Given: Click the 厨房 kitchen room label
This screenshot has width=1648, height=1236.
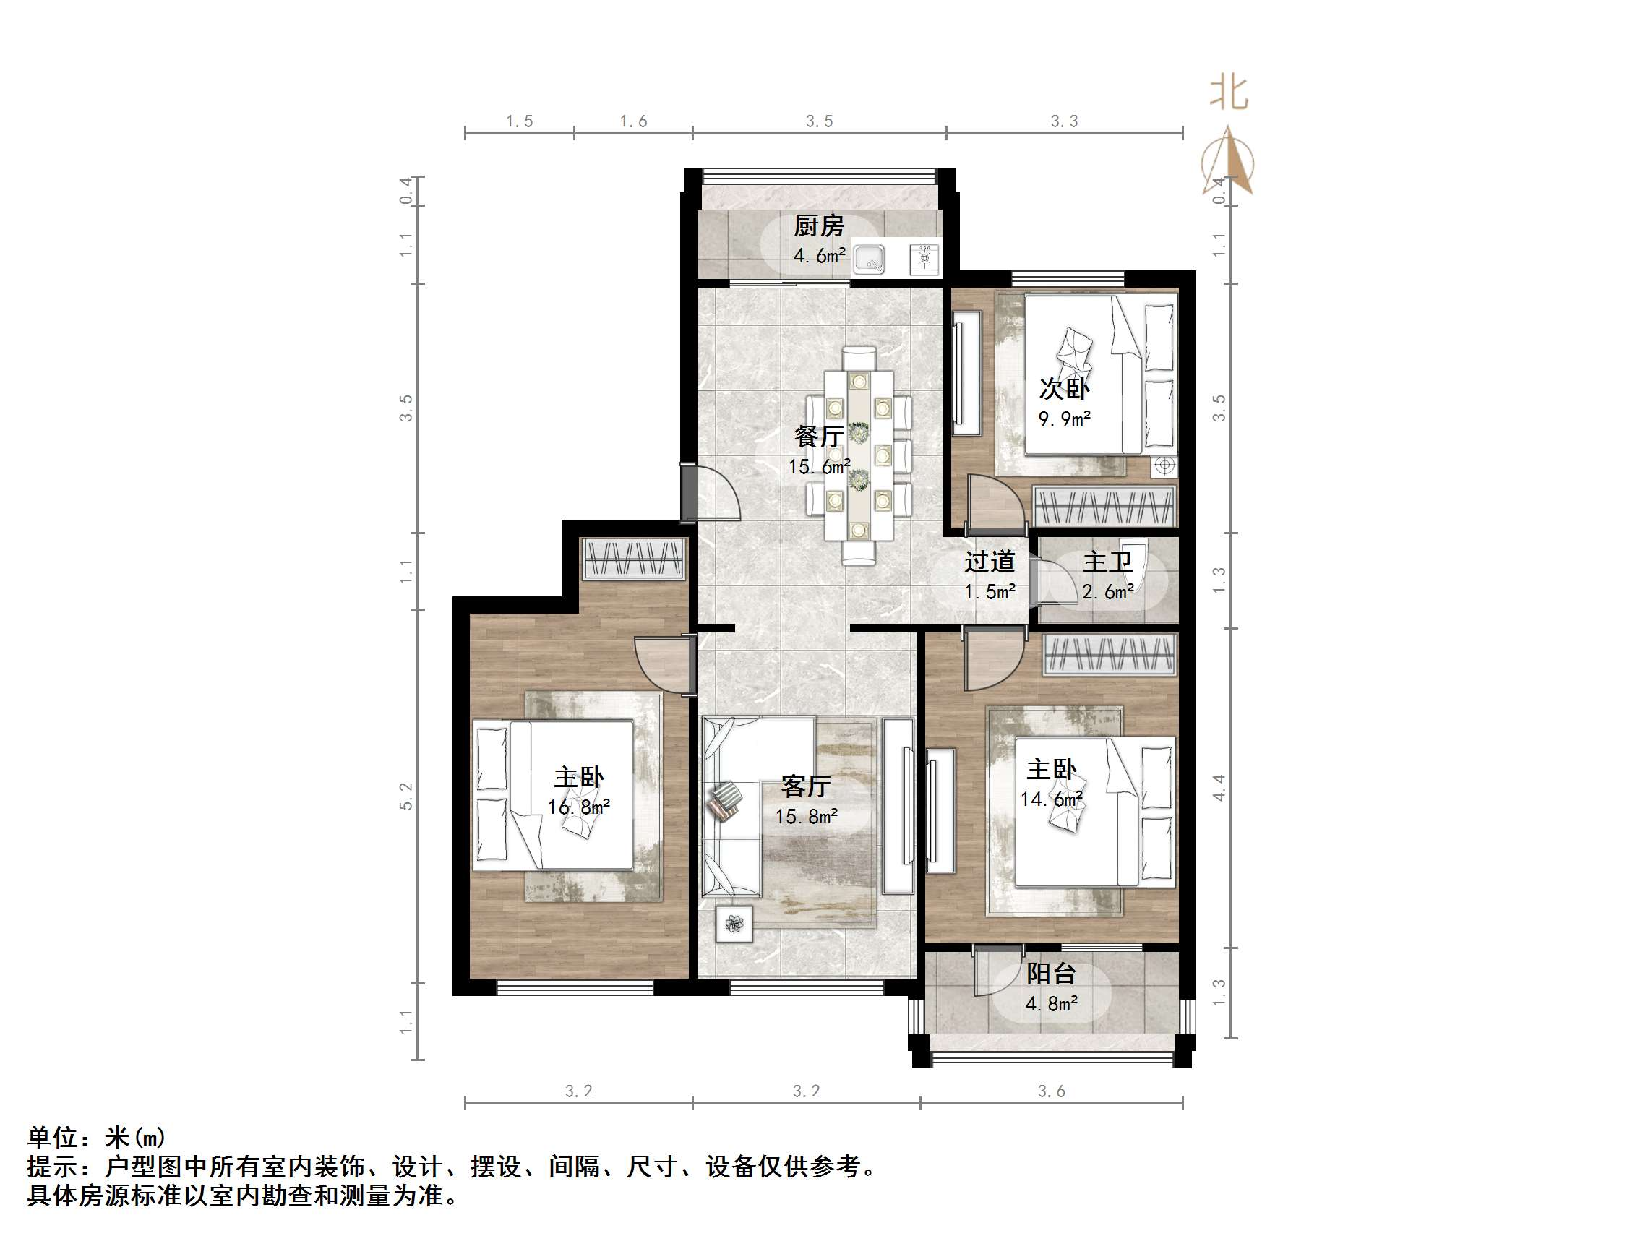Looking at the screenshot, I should (819, 225).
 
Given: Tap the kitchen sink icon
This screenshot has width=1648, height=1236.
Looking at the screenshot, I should (868, 259).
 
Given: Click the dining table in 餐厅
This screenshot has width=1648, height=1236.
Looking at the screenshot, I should (858, 456).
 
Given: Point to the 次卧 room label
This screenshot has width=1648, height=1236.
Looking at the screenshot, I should (1065, 388).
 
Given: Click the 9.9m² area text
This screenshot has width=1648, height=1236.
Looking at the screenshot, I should (1065, 419).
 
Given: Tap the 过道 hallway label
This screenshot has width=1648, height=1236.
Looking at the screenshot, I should (990, 562).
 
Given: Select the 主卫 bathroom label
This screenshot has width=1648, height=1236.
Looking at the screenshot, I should (1107, 562).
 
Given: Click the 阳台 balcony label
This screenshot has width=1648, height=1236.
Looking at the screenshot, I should (1051, 973).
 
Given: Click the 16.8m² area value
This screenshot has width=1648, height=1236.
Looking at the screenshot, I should (579, 807).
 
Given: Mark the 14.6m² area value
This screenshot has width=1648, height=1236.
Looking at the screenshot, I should (1051, 799).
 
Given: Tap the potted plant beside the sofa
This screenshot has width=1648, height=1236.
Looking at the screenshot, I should (734, 924).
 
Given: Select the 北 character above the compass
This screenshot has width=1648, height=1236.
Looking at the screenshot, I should (1229, 94).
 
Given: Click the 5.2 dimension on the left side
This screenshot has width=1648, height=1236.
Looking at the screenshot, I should (406, 797).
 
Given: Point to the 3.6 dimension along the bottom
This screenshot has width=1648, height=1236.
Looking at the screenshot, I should (1051, 1091).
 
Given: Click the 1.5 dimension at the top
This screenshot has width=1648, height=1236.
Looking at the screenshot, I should (519, 121).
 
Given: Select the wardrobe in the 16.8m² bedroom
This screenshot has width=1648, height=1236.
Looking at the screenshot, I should (633, 559).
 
